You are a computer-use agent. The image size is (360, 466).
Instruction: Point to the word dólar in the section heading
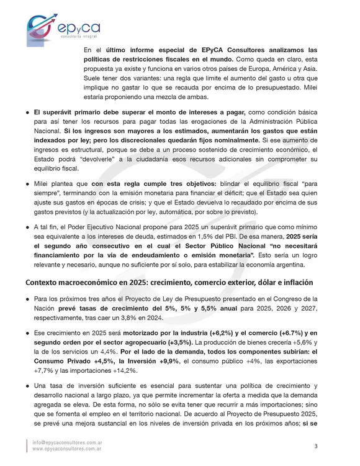(x=263, y=282)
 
